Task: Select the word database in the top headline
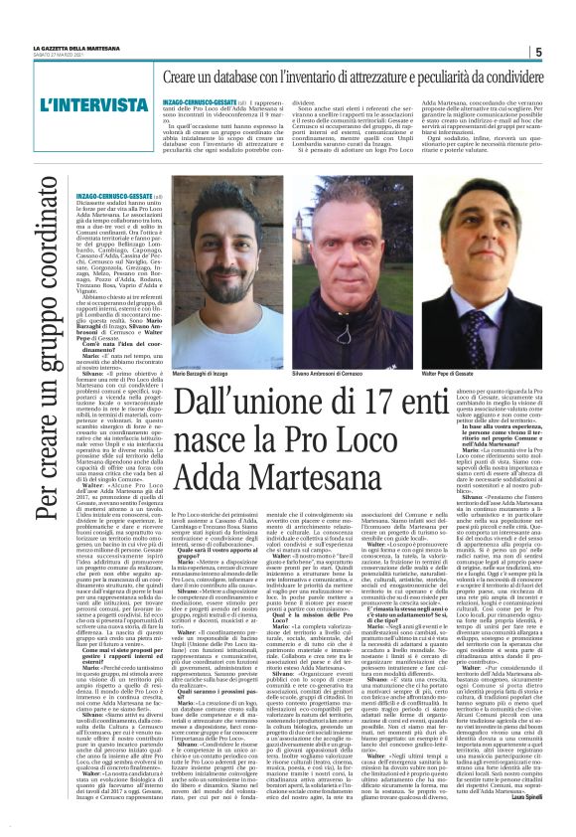[246, 77]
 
